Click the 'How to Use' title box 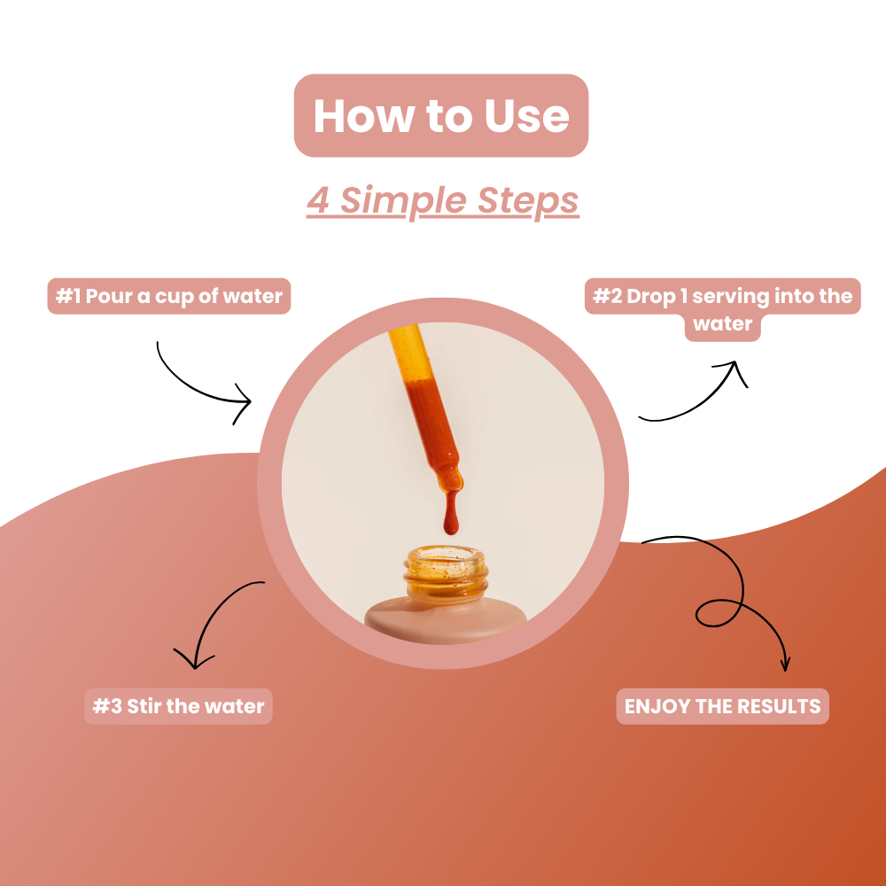(441, 116)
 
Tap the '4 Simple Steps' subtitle (442, 200)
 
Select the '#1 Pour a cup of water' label (168, 297)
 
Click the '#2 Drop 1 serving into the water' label (723, 309)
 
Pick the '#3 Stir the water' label (178, 706)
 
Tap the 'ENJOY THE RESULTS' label (722, 706)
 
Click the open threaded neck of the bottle (446, 571)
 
